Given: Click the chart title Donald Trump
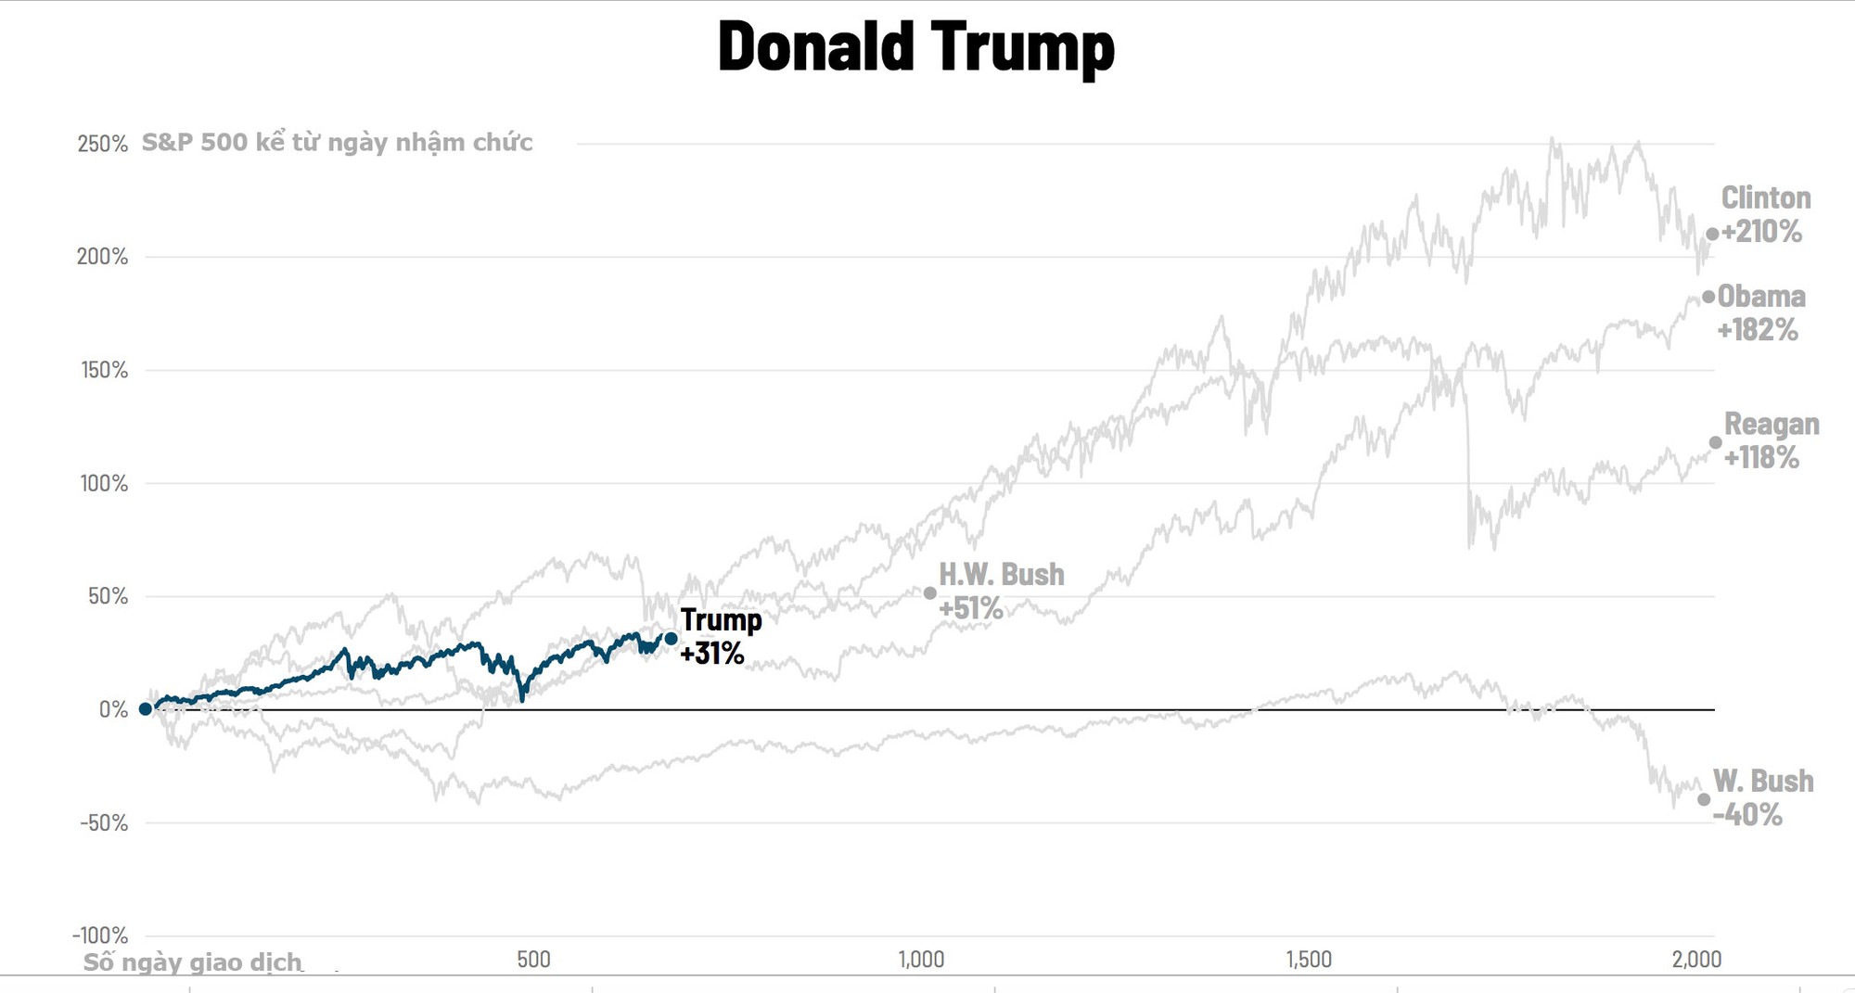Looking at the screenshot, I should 915,46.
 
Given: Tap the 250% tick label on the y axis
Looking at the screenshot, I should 102,144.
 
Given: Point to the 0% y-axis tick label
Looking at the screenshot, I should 113,709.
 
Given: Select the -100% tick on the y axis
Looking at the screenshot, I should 100,935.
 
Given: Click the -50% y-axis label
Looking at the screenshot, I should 103,822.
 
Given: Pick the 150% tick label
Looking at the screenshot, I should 104,370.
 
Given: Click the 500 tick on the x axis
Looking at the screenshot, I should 533,959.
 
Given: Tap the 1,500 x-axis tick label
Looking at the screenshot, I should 1308,959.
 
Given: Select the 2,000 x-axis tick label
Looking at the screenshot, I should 1695,959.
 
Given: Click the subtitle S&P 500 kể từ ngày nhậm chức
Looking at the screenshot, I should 337,143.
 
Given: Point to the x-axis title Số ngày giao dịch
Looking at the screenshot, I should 192,962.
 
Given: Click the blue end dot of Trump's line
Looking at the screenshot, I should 671,638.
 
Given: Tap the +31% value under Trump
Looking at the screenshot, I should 711,654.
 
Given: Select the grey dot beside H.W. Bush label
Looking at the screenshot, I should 929,592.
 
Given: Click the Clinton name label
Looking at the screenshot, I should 1765,197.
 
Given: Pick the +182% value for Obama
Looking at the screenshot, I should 1757,330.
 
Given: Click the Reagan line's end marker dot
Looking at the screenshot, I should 1715,442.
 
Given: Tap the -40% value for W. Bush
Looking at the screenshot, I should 1746,815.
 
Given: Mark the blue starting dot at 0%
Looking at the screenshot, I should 145,708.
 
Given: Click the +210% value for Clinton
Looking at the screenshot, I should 1761,232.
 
